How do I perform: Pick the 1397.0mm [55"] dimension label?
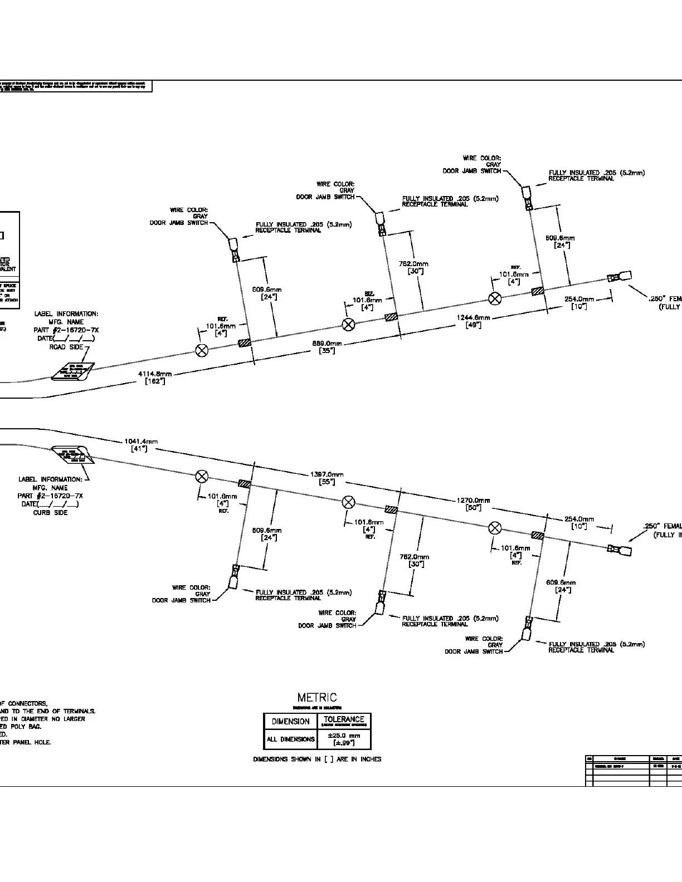tap(327, 478)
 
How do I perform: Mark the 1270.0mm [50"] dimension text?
tap(473, 503)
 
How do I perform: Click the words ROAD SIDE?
tap(66, 347)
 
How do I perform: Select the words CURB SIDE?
tap(50, 512)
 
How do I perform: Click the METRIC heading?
tap(317, 698)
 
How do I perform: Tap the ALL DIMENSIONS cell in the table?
tap(291, 739)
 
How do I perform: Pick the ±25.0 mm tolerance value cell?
tap(344, 739)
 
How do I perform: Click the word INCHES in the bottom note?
tap(371, 759)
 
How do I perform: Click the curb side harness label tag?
tap(73, 454)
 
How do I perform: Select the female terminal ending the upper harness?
tap(620, 277)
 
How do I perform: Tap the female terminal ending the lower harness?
tap(620, 551)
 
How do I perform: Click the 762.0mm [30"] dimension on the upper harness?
tap(414, 267)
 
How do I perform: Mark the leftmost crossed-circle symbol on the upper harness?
tap(202, 350)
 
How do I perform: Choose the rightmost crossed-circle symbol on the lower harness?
tap(495, 528)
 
